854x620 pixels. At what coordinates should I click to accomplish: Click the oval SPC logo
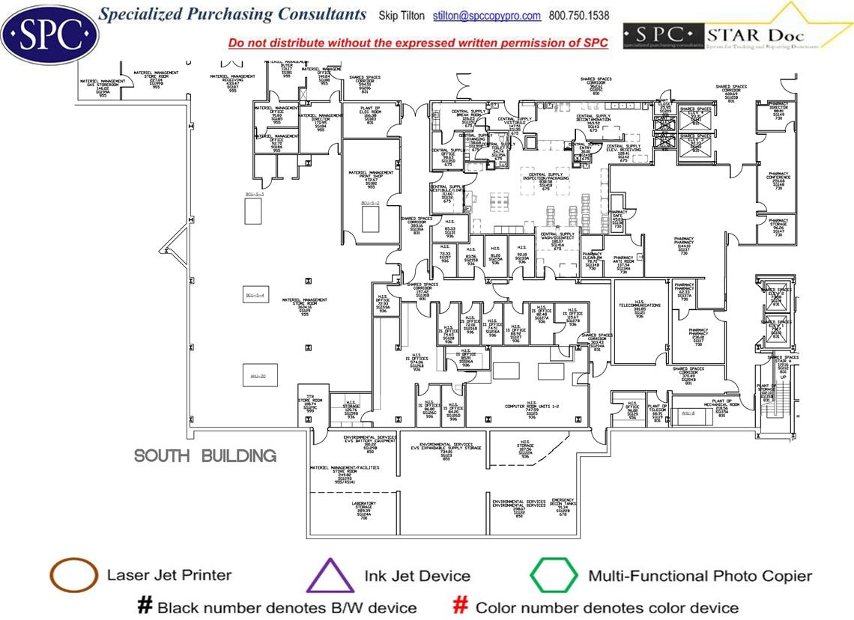(50, 32)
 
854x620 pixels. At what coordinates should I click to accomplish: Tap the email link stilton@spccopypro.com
(487, 16)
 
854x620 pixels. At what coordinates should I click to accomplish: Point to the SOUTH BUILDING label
(205, 456)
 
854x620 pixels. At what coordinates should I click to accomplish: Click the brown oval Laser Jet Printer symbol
(73, 576)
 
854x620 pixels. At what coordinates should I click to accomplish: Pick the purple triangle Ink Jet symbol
(330, 577)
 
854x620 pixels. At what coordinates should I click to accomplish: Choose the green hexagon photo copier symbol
(554, 576)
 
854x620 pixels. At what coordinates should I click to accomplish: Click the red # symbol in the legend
(461, 607)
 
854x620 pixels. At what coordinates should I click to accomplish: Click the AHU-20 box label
(258, 376)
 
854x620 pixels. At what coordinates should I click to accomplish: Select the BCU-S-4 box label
(255, 296)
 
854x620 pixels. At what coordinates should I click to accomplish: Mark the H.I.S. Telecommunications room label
(639, 308)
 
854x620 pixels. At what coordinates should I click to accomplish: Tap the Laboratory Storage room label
(364, 509)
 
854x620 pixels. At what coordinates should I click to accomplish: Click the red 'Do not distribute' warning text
(418, 43)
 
